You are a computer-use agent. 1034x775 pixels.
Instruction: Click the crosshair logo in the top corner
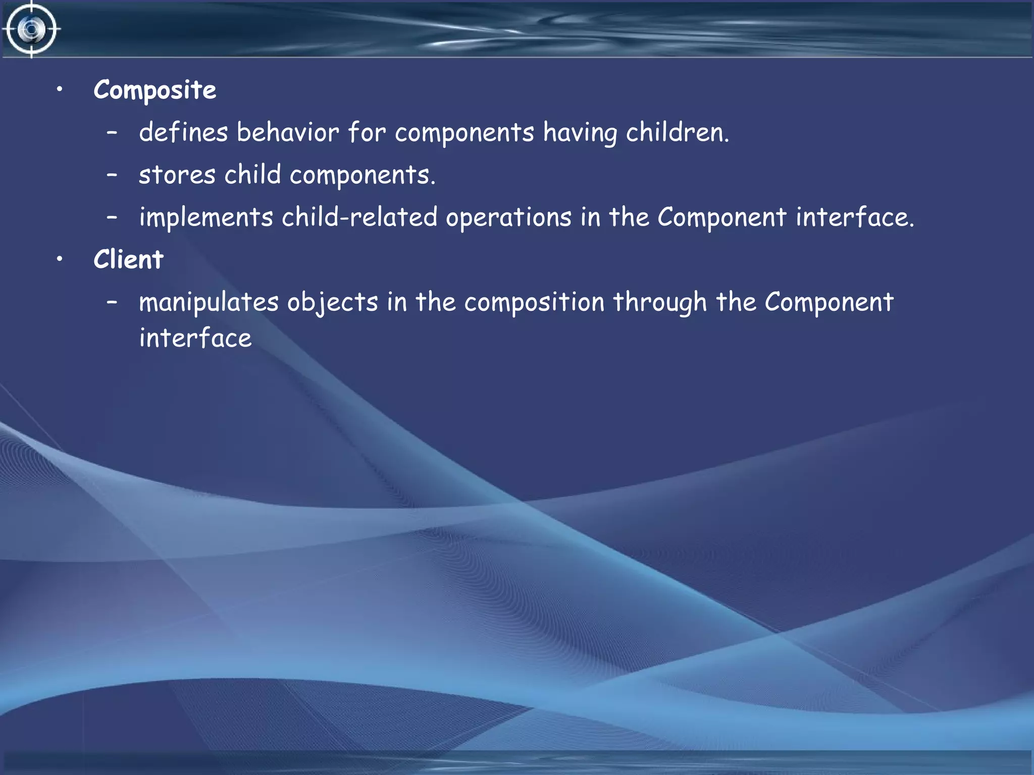point(31,29)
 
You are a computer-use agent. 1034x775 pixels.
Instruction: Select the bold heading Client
point(128,260)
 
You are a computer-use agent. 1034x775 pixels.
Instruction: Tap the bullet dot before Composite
point(60,89)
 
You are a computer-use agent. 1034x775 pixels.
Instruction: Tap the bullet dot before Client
point(60,259)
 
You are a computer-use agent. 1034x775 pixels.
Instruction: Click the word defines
point(183,133)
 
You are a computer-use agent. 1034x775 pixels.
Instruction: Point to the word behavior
point(288,133)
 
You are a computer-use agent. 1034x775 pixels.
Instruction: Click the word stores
point(177,175)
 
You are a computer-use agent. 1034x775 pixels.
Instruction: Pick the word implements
point(206,218)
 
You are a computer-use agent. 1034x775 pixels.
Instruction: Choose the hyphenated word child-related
point(359,217)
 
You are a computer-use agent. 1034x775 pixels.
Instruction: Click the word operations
point(508,218)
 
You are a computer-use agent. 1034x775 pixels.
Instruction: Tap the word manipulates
point(209,303)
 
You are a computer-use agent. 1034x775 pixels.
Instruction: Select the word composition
point(534,303)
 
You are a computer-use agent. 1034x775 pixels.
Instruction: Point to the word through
point(660,303)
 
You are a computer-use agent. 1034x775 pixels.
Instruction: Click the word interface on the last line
point(195,338)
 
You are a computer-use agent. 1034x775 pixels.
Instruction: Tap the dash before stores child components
point(112,175)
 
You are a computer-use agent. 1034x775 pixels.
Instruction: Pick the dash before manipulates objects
point(112,303)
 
